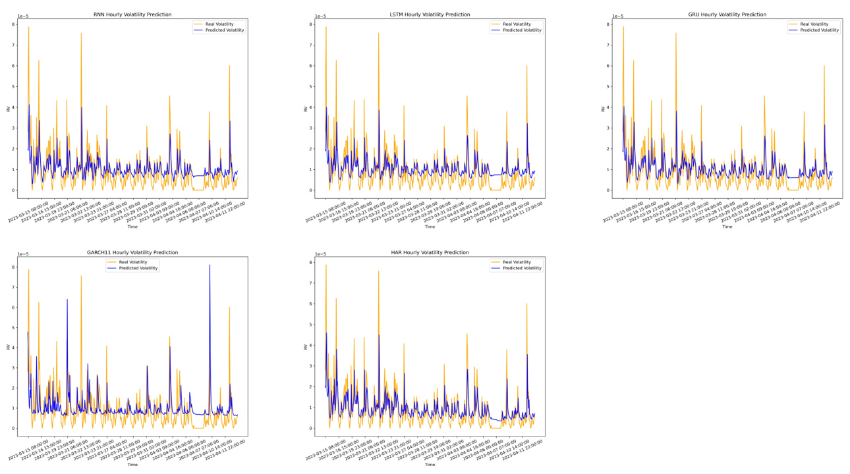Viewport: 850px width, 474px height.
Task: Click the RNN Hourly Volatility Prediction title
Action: point(132,14)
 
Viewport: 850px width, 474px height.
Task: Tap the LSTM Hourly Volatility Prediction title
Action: point(430,14)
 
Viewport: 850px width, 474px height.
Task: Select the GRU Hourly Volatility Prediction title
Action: point(727,14)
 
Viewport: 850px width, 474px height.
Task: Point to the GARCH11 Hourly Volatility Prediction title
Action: point(132,252)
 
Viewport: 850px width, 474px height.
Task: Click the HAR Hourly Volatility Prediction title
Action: point(430,252)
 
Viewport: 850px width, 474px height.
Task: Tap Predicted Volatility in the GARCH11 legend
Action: point(138,268)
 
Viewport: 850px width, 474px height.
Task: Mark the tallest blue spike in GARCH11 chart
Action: point(210,265)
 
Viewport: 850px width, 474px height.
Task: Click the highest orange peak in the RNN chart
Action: point(28,27)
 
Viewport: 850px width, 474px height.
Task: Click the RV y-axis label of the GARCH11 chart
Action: point(8,346)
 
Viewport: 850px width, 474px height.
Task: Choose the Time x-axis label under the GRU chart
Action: point(727,226)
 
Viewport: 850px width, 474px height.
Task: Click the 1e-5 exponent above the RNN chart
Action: point(24,16)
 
